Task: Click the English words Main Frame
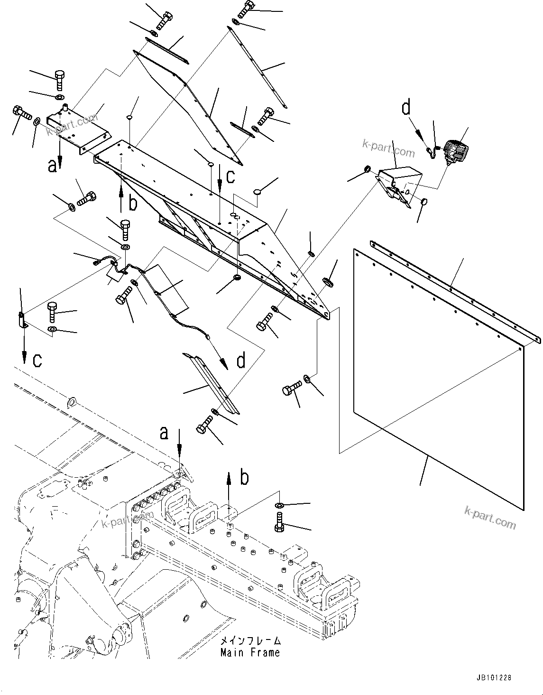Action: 250,652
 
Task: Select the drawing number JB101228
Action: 492,678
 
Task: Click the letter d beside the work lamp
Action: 406,108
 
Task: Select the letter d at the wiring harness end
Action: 241,361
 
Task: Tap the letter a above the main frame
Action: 164,432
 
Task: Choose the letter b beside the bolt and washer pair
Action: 244,478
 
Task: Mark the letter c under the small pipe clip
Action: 37,360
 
